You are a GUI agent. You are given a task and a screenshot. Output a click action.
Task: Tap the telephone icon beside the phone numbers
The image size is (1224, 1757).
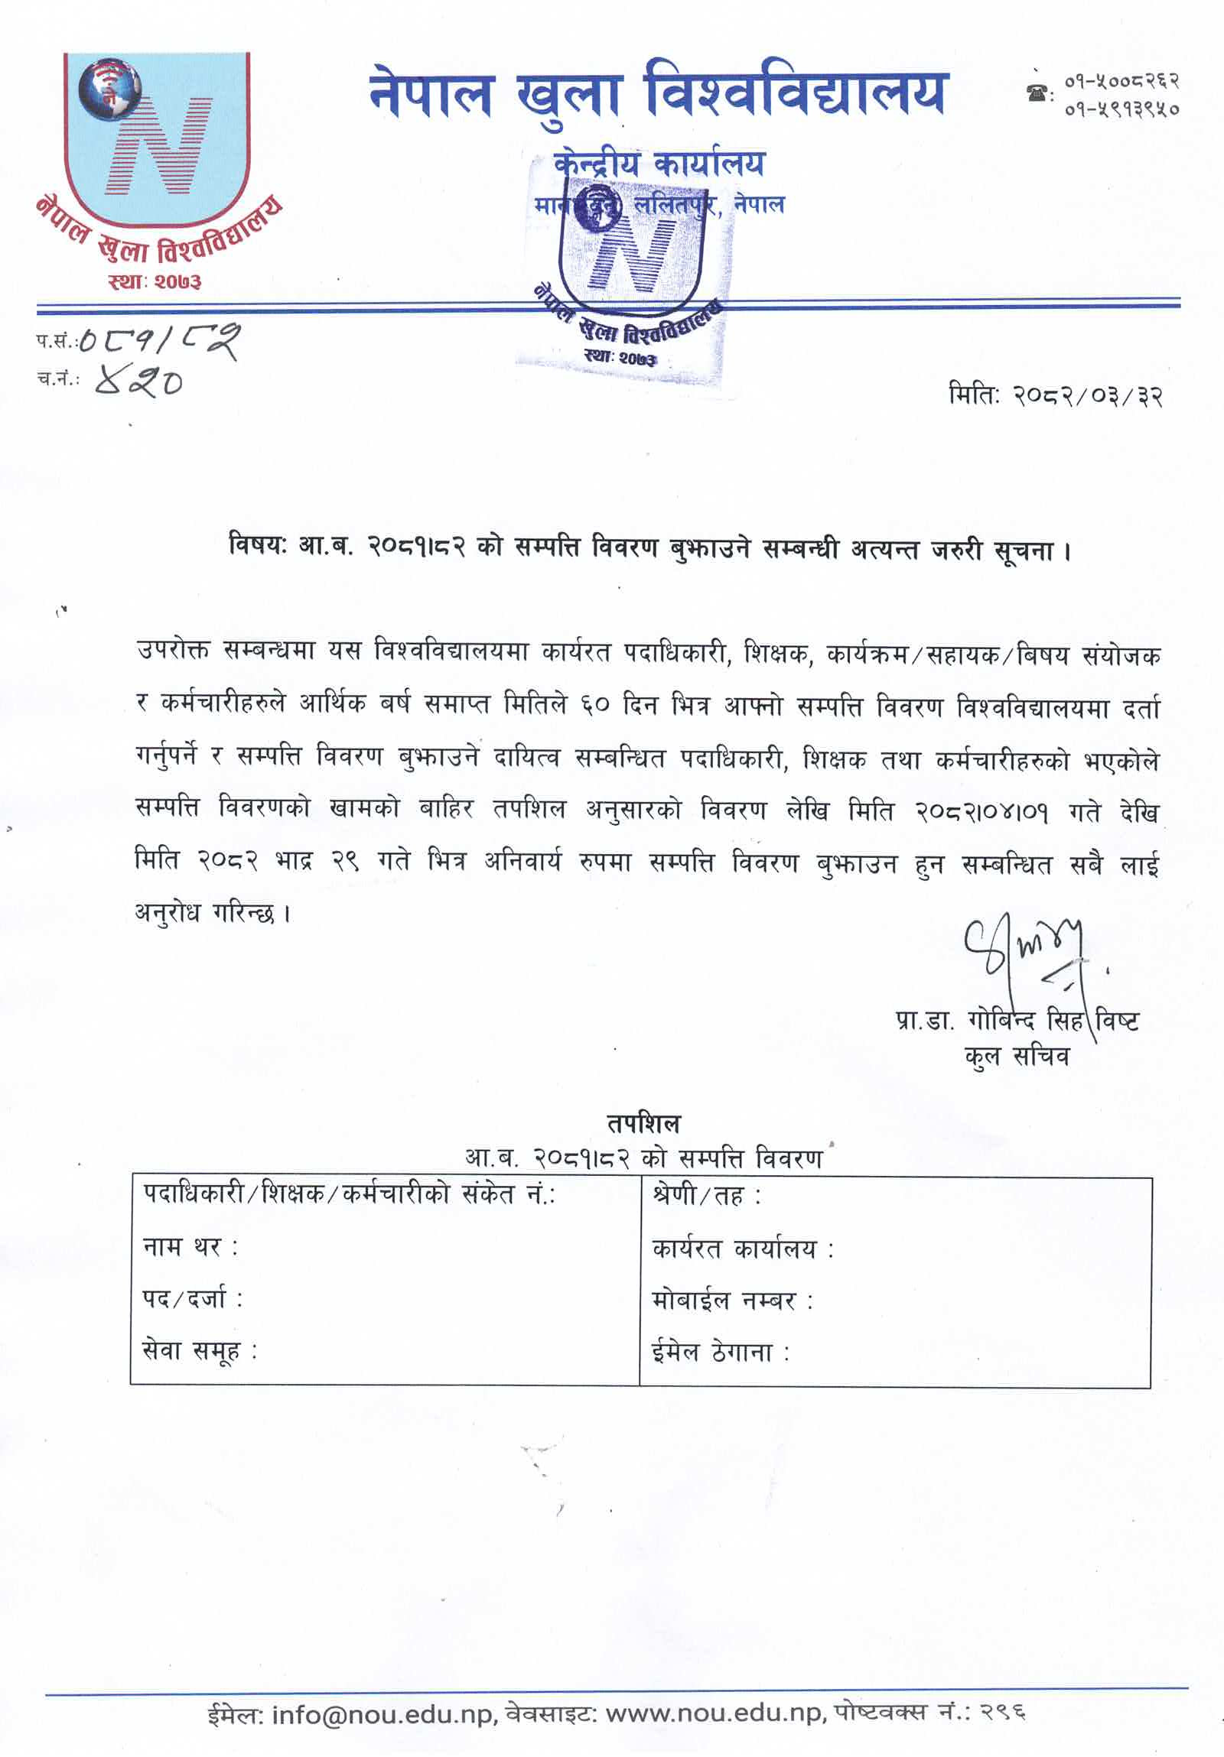[1037, 93]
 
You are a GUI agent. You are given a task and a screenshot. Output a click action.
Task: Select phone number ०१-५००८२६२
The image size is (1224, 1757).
[1121, 81]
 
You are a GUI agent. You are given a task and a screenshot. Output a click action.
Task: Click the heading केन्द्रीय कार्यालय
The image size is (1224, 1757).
[659, 163]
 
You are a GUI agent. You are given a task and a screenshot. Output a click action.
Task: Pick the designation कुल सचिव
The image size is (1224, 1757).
[1017, 1057]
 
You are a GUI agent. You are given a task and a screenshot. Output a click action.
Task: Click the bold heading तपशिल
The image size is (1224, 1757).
[643, 1123]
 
